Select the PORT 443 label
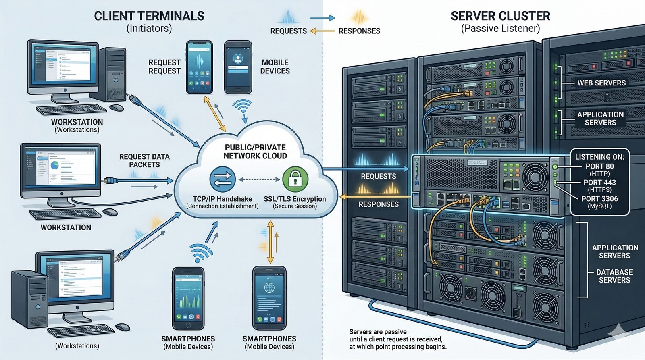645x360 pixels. pyautogui.click(x=599, y=183)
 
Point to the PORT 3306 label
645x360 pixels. pyautogui.click(x=599, y=199)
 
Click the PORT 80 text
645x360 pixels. pyautogui.click(x=599, y=166)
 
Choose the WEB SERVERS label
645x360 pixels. pyautogui.click(x=601, y=83)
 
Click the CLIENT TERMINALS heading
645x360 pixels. pyautogui.click(x=149, y=16)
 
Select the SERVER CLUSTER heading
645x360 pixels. pyautogui.click(x=500, y=16)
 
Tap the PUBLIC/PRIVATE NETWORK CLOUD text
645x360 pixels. pyautogui.click(x=255, y=152)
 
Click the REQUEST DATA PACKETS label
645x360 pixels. pyautogui.click(x=144, y=160)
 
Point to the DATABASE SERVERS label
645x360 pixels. pyautogui.click(x=614, y=276)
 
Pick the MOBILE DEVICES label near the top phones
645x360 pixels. pyautogui.click(x=275, y=67)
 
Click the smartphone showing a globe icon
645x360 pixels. pyautogui.click(x=269, y=298)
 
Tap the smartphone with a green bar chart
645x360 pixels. pyautogui.click(x=188, y=298)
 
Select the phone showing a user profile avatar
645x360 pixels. pyautogui.click(x=238, y=67)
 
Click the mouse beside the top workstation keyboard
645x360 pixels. pyautogui.click(x=117, y=108)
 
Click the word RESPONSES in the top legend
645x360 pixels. pyautogui.click(x=359, y=31)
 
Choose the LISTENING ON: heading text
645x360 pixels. pyautogui.click(x=599, y=157)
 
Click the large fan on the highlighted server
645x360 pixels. pyautogui.click(x=535, y=177)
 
